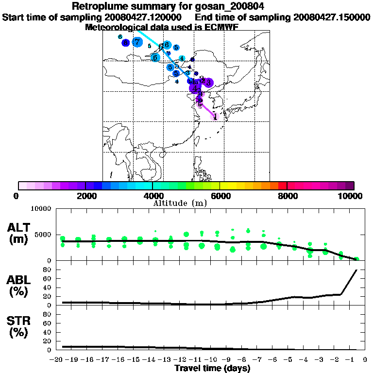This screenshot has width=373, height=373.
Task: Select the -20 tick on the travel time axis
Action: coord(57,360)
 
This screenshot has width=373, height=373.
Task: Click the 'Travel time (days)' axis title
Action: coord(212,369)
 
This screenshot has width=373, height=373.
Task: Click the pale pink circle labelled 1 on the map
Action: coord(215,116)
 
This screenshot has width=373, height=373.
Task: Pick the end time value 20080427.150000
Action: coord(332,17)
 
